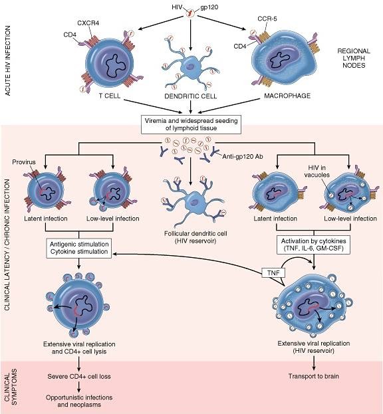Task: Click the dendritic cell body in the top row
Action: coord(191,66)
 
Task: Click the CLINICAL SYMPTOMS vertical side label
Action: coord(11,387)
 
